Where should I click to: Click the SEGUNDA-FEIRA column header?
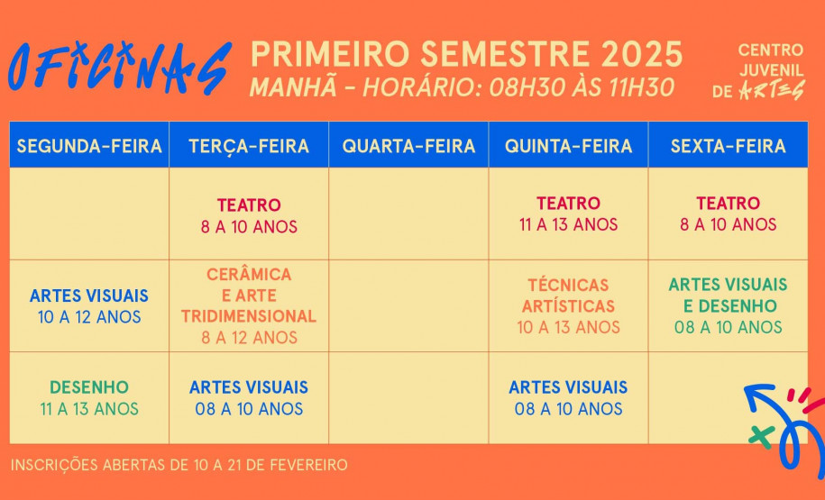click(x=89, y=146)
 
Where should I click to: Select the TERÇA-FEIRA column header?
click(x=249, y=146)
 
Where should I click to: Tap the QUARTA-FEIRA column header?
click(x=408, y=146)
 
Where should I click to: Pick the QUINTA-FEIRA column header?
click(x=568, y=146)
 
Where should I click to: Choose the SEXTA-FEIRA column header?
click(x=728, y=146)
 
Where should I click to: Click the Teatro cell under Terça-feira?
click(x=249, y=215)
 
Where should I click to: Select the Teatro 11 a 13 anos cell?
click(x=568, y=214)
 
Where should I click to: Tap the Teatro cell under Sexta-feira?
click(x=728, y=214)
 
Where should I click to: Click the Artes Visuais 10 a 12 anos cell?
click(x=89, y=306)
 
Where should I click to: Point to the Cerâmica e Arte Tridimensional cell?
click(x=249, y=305)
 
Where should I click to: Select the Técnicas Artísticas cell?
click(x=568, y=306)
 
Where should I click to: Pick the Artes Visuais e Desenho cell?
click(x=728, y=305)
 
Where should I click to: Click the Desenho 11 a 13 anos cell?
click(x=89, y=398)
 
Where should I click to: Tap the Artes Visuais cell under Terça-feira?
click(x=249, y=398)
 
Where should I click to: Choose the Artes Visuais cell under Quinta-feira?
click(x=568, y=398)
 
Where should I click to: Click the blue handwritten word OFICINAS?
click(x=119, y=68)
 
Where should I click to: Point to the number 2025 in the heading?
click(x=642, y=54)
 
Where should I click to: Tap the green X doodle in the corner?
click(x=760, y=435)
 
